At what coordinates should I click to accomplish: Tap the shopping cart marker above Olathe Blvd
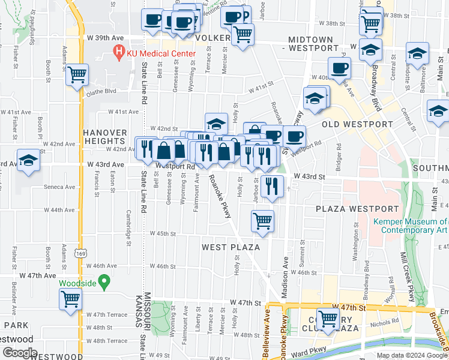(77, 75)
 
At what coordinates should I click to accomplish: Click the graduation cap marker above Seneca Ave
(28, 161)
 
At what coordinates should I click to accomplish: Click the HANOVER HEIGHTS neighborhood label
(105, 137)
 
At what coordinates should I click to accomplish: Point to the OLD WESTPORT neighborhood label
(357, 124)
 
